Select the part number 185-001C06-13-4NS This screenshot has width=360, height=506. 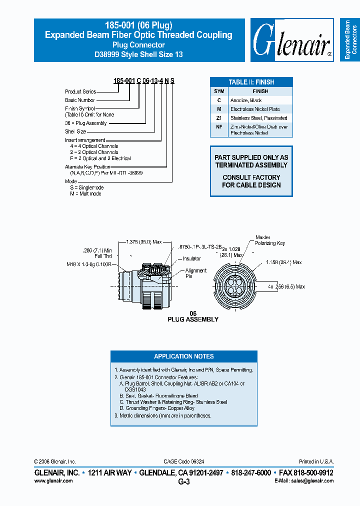[x=144, y=80]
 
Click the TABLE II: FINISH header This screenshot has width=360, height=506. [x=251, y=82]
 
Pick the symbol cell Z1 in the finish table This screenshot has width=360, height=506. [x=219, y=118]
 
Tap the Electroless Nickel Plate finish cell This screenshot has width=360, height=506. [x=255, y=109]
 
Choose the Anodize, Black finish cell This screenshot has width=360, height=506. [x=246, y=100]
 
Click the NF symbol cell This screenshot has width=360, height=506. [x=219, y=127]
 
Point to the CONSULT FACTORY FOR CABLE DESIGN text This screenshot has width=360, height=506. [x=251, y=181]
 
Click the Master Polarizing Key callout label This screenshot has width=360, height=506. [x=269, y=240]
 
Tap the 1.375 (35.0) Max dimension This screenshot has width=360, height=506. [x=143, y=241]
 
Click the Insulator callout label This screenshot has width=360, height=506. [x=191, y=258]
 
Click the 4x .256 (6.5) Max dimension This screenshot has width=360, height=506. [x=285, y=286]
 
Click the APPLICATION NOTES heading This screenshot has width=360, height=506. [x=183, y=356]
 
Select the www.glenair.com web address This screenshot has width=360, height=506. [x=53, y=480]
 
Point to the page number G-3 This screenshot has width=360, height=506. [x=183, y=482]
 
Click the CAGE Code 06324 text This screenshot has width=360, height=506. [x=183, y=461]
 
